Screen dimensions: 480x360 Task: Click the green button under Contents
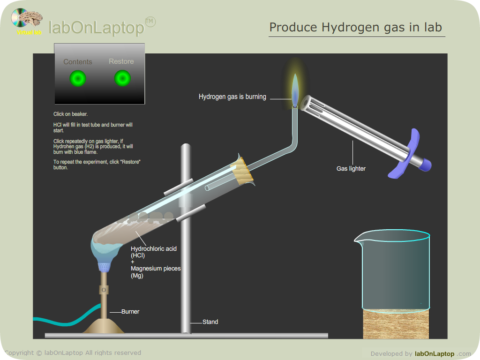pyautogui.click(x=78, y=78)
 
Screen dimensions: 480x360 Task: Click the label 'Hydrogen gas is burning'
pyautogui.click(x=232, y=97)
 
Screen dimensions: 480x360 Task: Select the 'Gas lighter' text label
pyautogui.click(x=351, y=169)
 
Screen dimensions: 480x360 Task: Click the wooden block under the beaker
pyautogui.click(x=396, y=325)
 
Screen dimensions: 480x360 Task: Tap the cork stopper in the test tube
pyautogui.click(x=242, y=171)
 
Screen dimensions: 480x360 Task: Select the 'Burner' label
pyautogui.click(x=130, y=312)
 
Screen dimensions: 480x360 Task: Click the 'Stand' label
pyautogui.click(x=210, y=322)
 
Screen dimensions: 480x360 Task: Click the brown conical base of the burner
pyautogui.click(x=104, y=326)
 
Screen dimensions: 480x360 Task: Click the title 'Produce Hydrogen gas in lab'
pyautogui.click(x=356, y=28)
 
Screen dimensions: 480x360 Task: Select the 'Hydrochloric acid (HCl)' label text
pyautogui.click(x=154, y=252)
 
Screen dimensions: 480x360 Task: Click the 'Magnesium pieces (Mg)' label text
pyautogui.click(x=156, y=272)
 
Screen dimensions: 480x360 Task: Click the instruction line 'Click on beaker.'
pyautogui.click(x=70, y=114)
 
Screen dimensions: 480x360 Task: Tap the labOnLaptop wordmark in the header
pyautogui.click(x=97, y=28)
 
